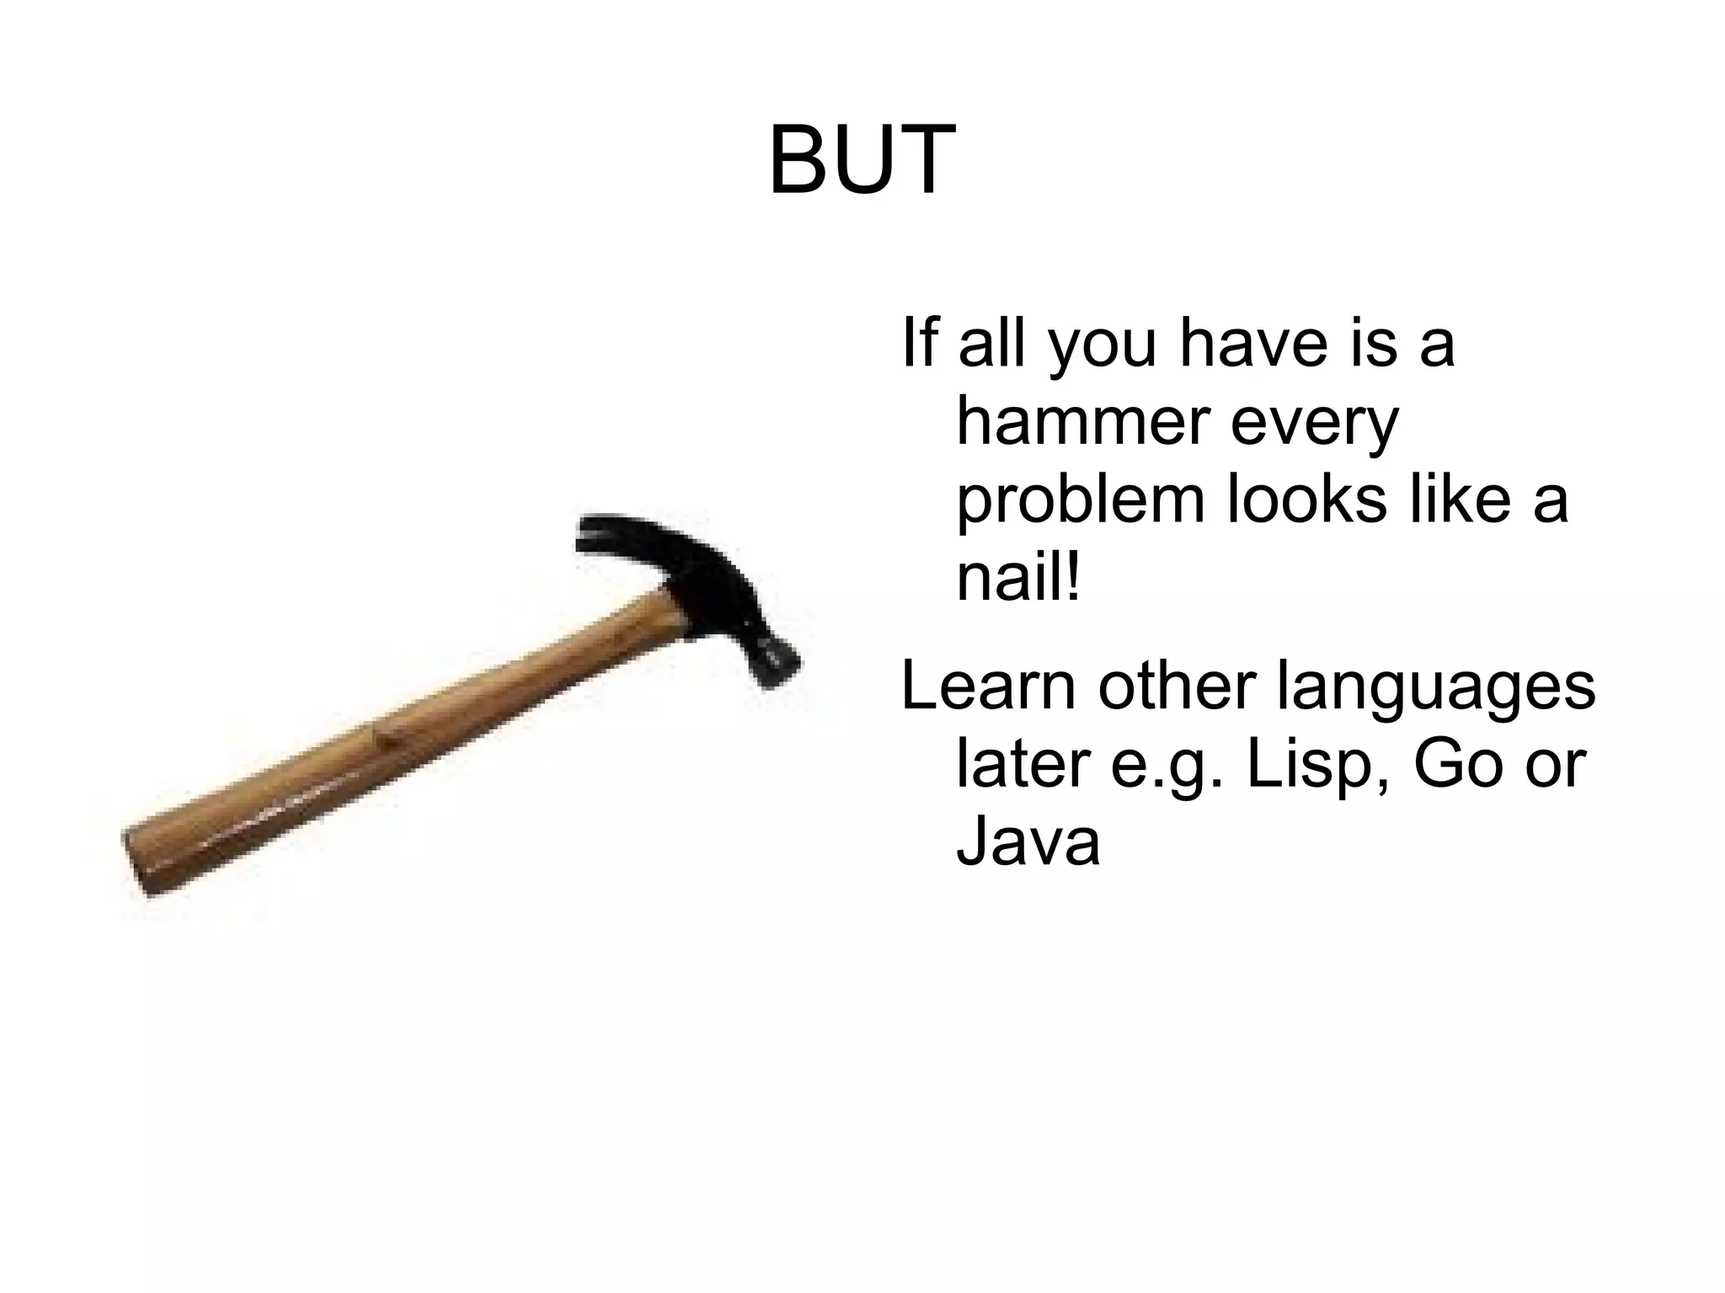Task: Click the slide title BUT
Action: (x=862, y=160)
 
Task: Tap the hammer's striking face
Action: (x=779, y=665)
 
